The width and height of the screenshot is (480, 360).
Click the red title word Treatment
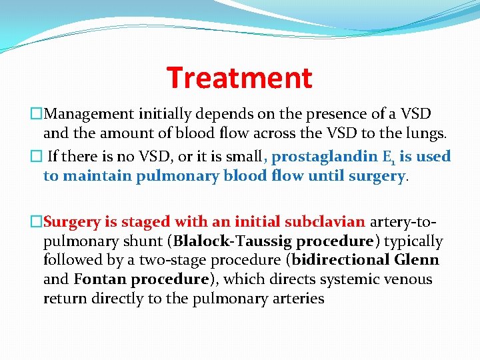(x=239, y=77)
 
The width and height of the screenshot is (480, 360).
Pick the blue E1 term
(x=389, y=157)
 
